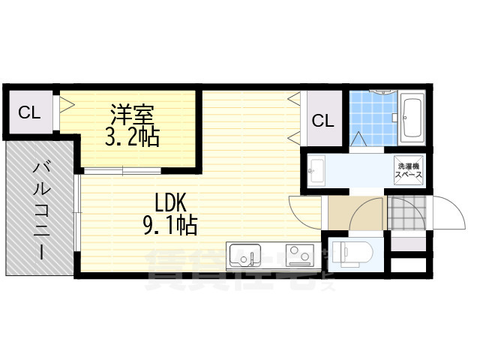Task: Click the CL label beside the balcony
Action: coord(29,113)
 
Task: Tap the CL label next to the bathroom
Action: coord(323,120)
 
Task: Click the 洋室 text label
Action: coord(132,115)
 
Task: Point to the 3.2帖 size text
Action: coord(132,137)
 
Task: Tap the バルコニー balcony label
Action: coord(40,209)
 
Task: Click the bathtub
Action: coord(412,118)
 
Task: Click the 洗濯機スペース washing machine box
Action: coord(409,169)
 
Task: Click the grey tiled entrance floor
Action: coord(405,214)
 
